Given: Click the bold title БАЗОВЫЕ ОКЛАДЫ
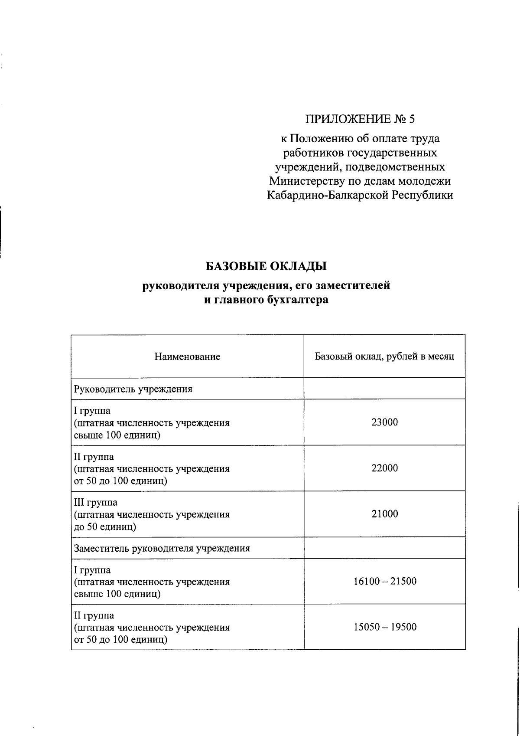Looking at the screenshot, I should coord(266,265).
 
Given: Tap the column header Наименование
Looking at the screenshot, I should coord(187,357).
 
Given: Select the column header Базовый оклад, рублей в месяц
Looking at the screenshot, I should coord(384,357).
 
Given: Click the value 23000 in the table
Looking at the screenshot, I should coord(384,422).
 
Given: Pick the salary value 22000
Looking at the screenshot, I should coord(384,468).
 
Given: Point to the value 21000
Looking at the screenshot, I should coord(384,514).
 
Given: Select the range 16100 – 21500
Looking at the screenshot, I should coord(385,581).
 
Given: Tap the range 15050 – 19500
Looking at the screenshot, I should coord(385,627).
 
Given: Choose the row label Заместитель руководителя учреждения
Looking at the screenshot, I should coord(162,548).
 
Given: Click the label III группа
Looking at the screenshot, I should coord(96,503).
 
